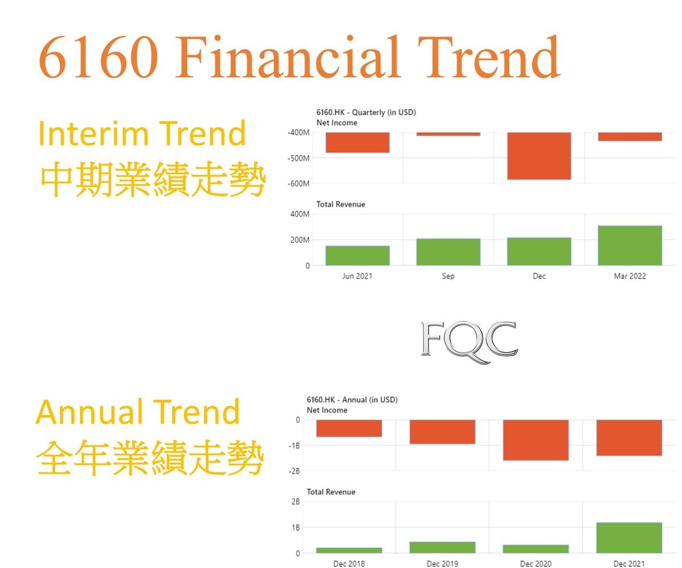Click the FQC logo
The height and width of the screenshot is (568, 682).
[469, 342]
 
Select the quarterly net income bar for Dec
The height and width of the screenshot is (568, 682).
[539, 156]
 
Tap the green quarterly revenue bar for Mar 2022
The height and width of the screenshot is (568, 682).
[630, 245]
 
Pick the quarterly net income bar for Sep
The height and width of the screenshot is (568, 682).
[448, 134]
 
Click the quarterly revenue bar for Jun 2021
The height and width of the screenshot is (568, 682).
[357, 255]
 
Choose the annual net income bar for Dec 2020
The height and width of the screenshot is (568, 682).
[536, 440]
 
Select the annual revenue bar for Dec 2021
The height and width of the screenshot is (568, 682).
[629, 538]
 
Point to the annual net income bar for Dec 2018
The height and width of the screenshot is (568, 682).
[349, 428]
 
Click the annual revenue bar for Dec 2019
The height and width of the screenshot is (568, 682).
[442, 548]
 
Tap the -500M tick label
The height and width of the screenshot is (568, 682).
[298, 158]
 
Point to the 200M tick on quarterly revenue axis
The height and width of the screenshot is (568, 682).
[300, 240]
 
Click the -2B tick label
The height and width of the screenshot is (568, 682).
[294, 471]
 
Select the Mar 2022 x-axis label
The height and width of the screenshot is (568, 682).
[630, 276]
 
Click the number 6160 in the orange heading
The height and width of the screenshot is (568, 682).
[98, 57]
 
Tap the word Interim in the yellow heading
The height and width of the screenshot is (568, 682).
[94, 133]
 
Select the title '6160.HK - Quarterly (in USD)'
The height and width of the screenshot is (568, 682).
[366, 112]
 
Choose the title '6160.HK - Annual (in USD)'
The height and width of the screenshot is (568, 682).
[352, 399]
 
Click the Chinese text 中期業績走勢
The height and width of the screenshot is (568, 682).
[153, 179]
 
